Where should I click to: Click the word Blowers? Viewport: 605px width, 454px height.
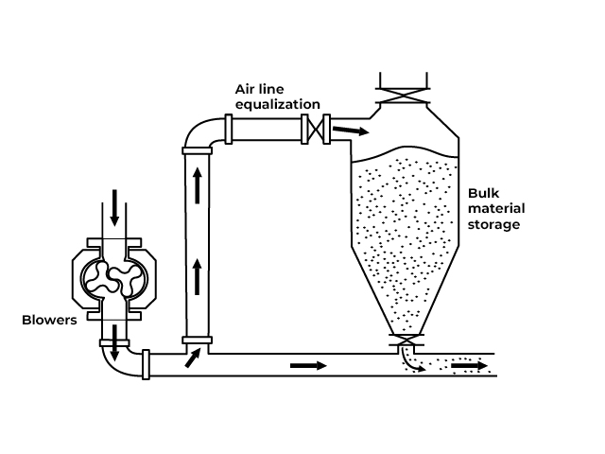tap(48, 320)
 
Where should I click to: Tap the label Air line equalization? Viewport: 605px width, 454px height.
tap(277, 96)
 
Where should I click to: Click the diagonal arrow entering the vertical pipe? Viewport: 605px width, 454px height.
tap(192, 357)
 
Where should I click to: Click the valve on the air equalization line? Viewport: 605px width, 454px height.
tap(314, 129)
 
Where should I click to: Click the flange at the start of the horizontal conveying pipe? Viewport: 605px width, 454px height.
tap(147, 364)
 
